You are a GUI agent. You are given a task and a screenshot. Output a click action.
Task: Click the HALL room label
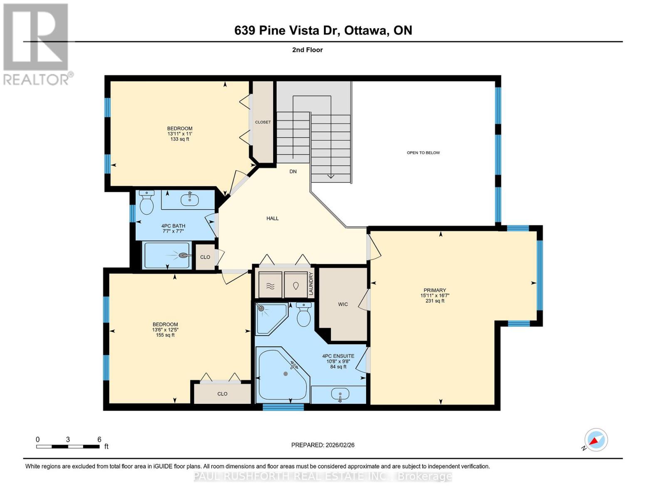click(x=272, y=218)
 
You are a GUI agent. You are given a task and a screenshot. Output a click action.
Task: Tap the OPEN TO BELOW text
click(x=423, y=153)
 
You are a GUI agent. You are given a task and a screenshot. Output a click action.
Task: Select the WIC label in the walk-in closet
click(x=343, y=304)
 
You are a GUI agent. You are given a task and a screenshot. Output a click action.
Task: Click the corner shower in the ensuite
click(x=270, y=318)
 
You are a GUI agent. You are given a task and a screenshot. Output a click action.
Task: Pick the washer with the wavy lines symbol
click(x=270, y=285)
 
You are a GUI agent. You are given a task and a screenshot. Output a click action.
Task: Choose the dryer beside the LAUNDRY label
click(x=296, y=285)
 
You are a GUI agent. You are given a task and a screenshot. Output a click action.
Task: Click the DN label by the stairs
click(x=293, y=171)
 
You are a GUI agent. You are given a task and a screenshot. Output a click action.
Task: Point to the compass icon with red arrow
click(x=596, y=440)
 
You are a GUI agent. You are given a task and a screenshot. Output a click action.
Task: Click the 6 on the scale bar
click(x=99, y=439)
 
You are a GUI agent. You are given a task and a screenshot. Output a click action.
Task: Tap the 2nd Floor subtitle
click(x=307, y=50)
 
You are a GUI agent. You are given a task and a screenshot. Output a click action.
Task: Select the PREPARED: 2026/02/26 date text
click(x=323, y=445)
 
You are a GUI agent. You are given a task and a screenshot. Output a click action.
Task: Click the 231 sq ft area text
click(x=435, y=301)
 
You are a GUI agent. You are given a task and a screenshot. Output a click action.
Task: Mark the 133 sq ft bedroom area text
click(x=180, y=139)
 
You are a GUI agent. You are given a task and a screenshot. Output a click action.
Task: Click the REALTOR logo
click(x=36, y=44)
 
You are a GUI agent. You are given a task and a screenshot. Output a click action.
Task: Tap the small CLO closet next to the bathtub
click(x=205, y=257)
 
